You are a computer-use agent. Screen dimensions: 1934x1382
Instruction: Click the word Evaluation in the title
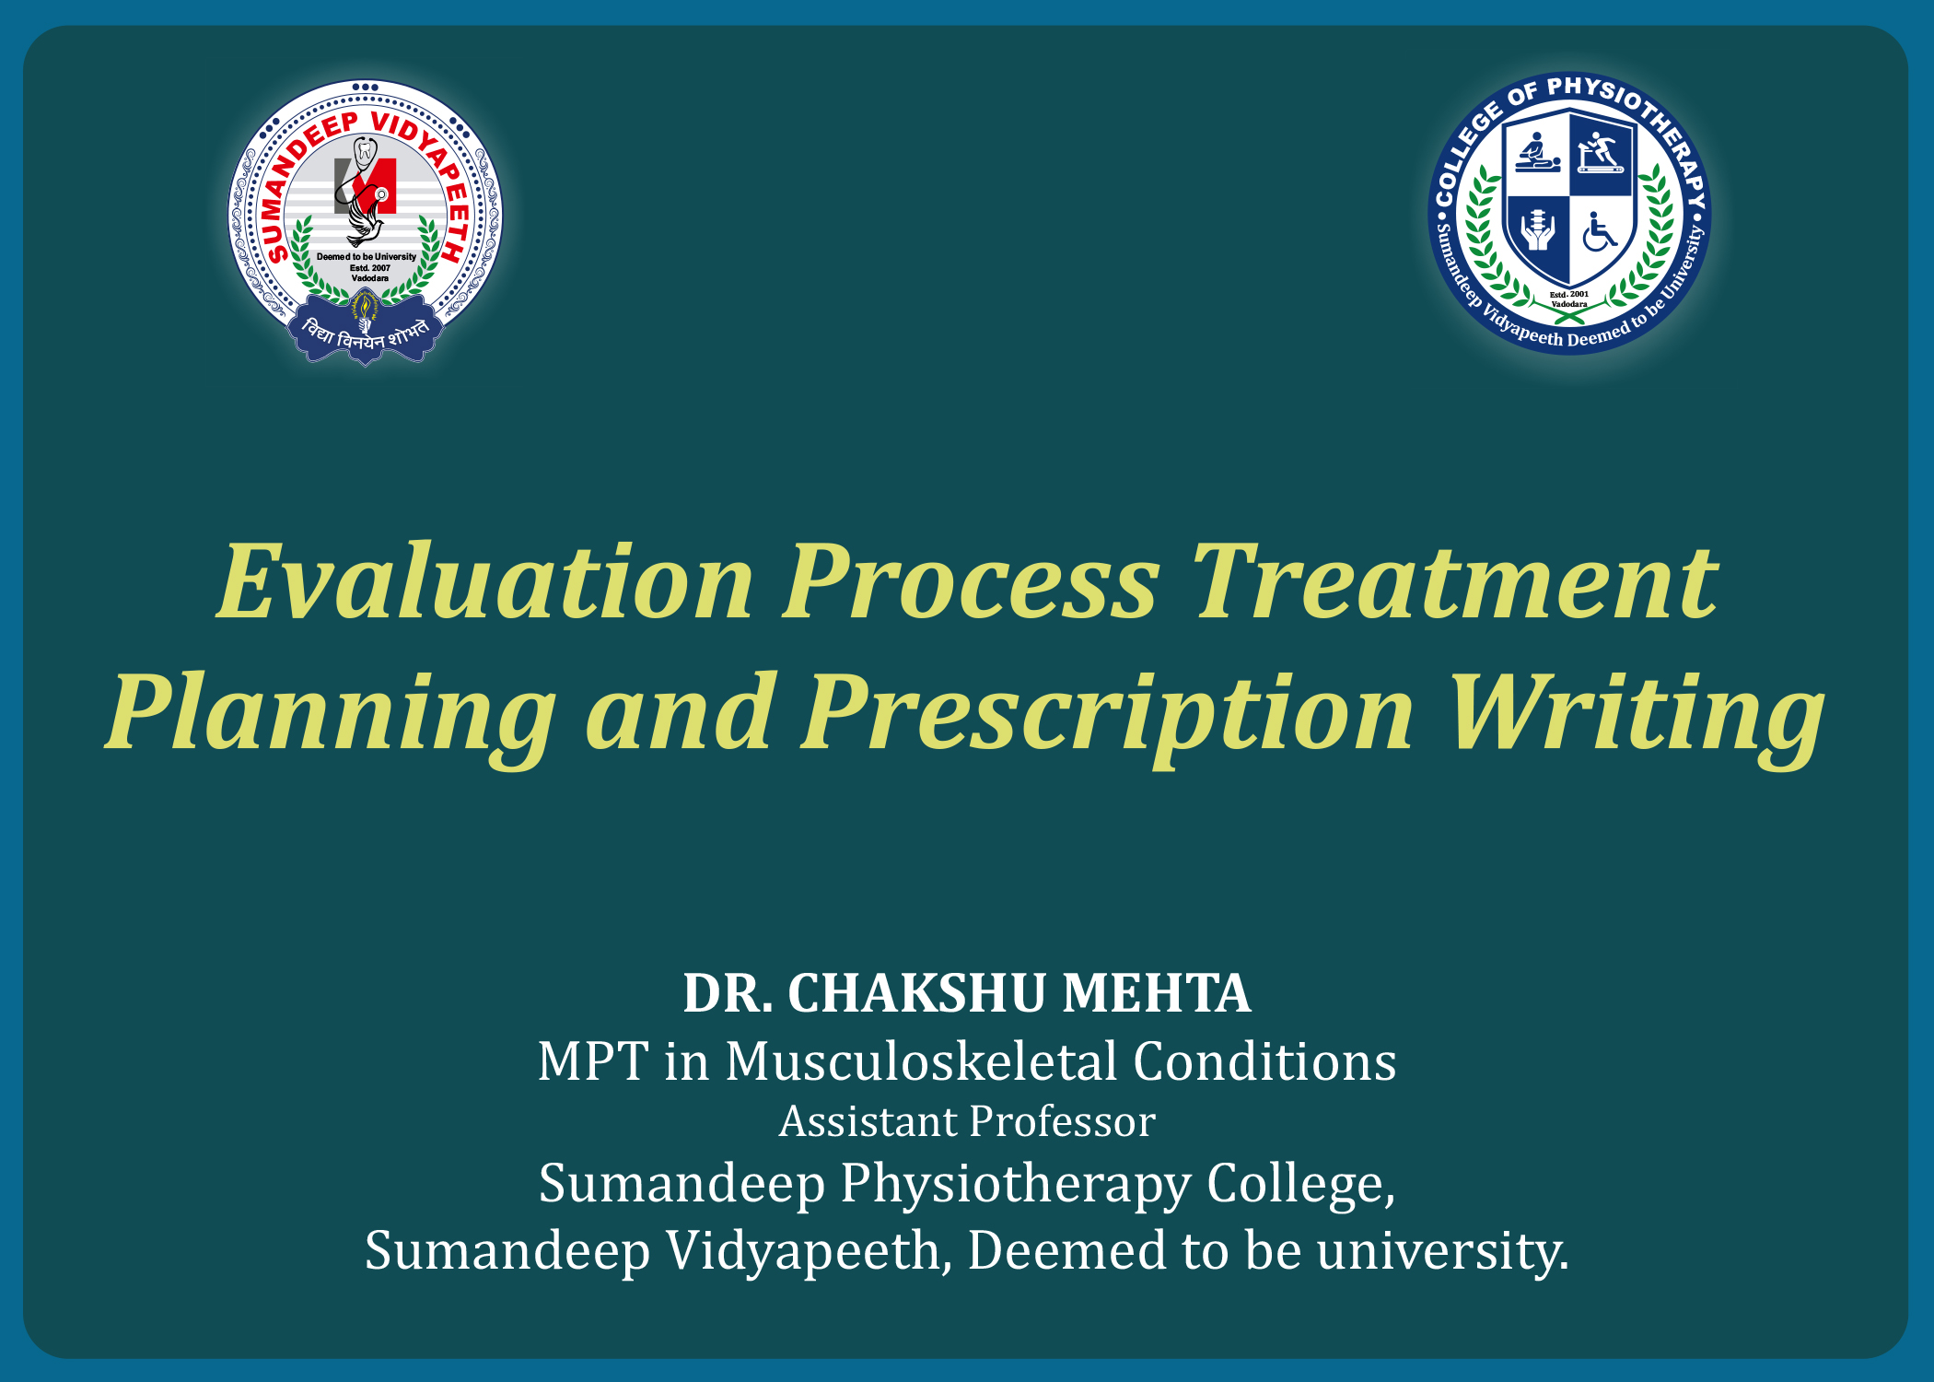(485, 582)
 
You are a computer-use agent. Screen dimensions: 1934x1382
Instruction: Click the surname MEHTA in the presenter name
(1157, 993)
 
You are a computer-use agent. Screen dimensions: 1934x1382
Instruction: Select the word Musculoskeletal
(921, 1061)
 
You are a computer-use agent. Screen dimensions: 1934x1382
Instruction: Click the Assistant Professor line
(967, 1122)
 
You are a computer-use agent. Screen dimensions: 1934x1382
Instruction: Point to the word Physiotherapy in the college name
(1016, 1185)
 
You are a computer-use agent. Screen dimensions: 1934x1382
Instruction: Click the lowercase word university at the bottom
(1442, 1251)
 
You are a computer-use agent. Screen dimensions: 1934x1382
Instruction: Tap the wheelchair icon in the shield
(1600, 232)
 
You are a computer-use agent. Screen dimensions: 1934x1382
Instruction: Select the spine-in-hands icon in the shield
(1538, 231)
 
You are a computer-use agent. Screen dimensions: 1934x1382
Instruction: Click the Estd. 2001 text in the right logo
(1569, 295)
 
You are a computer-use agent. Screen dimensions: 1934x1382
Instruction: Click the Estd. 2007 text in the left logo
(370, 268)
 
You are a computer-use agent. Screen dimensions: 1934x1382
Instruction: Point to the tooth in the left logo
(366, 150)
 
